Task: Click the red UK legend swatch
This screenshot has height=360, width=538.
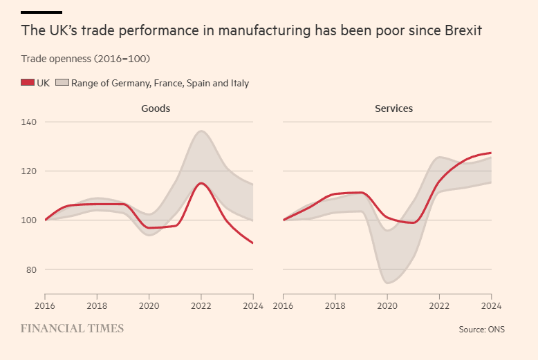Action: click(x=28, y=83)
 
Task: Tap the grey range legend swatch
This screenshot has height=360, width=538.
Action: click(x=62, y=83)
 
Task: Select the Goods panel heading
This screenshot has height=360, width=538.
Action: click(x=156, y=108)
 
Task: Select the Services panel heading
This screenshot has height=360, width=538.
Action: click(x=393, y=108)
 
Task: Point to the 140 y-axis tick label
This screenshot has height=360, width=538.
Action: click(x=30, y=122)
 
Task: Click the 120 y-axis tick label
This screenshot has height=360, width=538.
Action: click(x=30, y=171)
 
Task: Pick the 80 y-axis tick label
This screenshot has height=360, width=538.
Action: click(x=32, y=269)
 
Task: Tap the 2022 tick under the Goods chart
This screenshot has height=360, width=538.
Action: click(x=201, y=305)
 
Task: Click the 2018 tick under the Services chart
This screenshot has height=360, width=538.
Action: click(x=335, y=305)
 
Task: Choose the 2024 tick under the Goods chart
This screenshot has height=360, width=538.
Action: click(x=252, y=305)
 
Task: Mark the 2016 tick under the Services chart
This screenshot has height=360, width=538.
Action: click(x=283, y=305)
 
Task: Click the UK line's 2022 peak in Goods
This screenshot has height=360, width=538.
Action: click(x=201, y=183)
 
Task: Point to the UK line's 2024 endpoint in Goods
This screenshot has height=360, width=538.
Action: click(x=252, y=243)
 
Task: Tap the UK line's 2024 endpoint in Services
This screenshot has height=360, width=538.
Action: click(x=490, y=153)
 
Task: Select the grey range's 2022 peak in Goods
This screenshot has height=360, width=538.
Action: click(x=201, y=131)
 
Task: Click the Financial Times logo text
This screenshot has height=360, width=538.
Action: click(x=72, y=328)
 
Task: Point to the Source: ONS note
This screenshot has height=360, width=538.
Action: click(x=481, y=330)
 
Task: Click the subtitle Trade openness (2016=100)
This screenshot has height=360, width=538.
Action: click(x=86, y=58)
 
